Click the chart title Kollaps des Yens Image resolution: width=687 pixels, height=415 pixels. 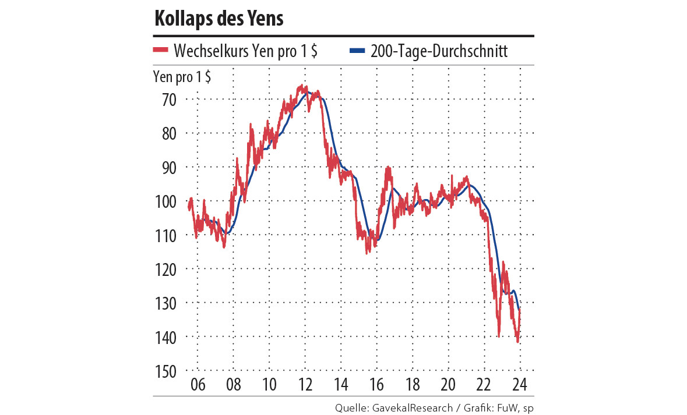pyautogui.click(x=219, y=19)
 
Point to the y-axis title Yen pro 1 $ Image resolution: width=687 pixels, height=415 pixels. pyautogui.click(x=182, y=77)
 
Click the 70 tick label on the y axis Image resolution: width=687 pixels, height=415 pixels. pyautogui.click(x=168, y=100)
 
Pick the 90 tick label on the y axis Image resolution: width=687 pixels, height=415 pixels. pyautogui.click(x=168, y=168)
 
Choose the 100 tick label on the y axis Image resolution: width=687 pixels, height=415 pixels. pyautogui.click(x=165, y=201)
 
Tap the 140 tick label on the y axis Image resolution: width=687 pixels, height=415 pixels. pyautogui.click(x=165, y=337)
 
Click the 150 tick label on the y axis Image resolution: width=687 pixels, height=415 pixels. pyautogui.click(x=165, y=371)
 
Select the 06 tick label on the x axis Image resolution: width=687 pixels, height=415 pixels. pyautogui.click(x=198, y=385)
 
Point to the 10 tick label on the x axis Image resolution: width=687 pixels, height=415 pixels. pyautogui.click(x=269, y=385)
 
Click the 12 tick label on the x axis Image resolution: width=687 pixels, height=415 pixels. pyautogui.click(x=305, y=385)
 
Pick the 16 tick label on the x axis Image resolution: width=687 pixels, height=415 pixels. pyautogui.click(x=376, y=385)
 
